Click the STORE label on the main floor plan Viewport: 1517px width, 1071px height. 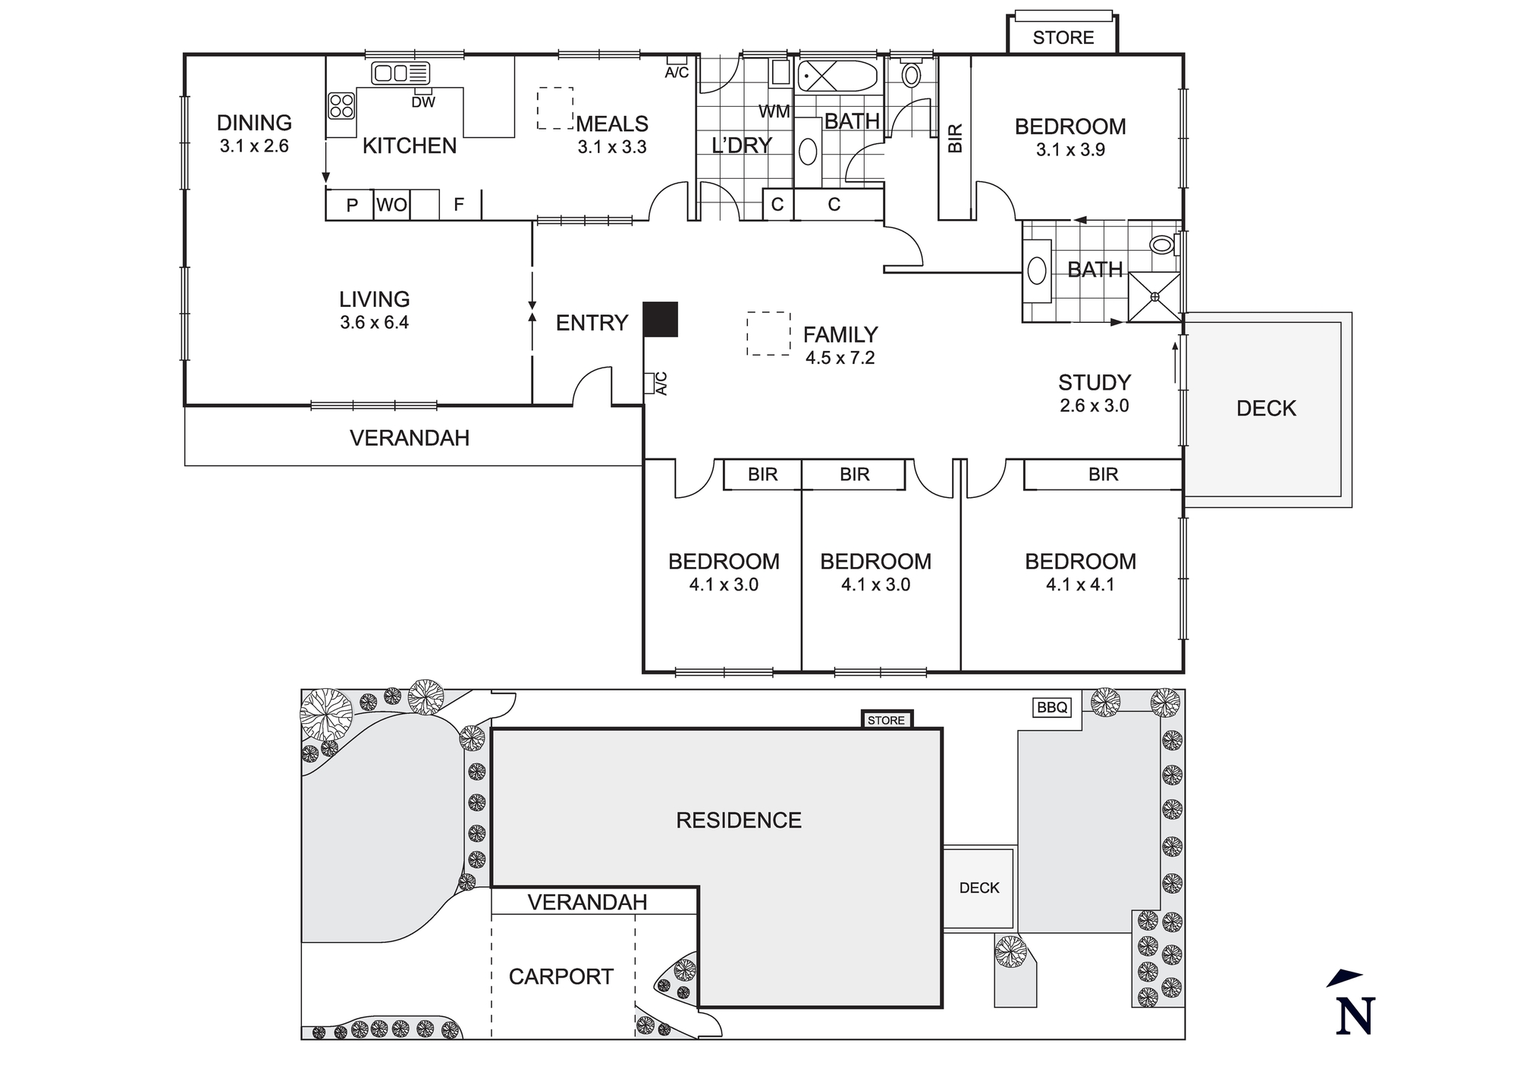1063,38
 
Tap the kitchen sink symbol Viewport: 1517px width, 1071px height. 400,74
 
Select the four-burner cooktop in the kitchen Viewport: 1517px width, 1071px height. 341,105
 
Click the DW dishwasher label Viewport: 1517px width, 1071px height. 423,102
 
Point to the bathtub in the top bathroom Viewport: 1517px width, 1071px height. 837,77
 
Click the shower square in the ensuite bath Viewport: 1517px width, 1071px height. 1154,296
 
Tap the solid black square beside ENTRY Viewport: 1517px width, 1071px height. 660,319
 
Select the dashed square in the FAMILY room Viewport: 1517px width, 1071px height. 768,334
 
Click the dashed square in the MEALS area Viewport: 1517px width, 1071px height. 555,108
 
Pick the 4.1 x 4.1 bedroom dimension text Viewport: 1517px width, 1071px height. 1080,584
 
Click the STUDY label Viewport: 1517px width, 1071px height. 1094,383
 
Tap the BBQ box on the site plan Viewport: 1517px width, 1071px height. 1052,708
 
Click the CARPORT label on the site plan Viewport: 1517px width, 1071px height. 561,976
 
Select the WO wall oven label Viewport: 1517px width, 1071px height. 391,205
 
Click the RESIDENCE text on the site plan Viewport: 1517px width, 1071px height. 738,820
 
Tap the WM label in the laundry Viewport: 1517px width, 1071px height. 774,112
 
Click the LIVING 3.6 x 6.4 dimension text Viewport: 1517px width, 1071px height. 374,323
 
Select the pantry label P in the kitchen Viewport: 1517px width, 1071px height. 352,205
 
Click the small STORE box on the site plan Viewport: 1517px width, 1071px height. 886,720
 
